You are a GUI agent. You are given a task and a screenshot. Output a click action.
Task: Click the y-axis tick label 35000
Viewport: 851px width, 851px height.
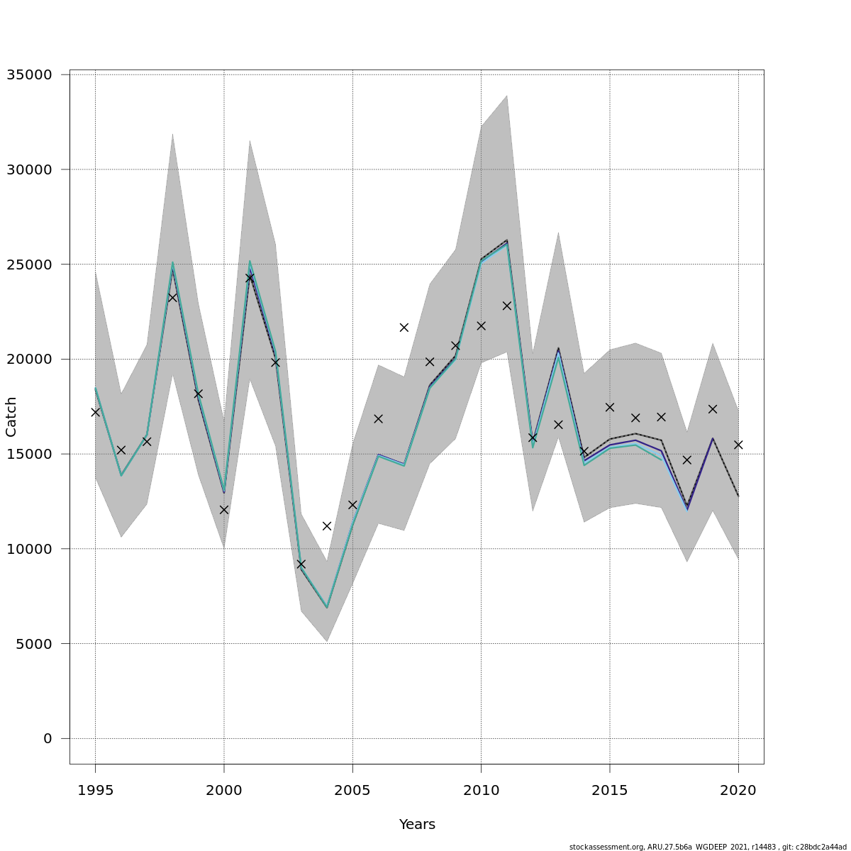[x=29, y=74]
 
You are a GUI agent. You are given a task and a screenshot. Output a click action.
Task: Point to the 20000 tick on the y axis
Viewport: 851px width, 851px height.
[x=29, y=359]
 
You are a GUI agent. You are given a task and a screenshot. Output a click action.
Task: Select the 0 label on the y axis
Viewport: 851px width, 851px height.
[x=48, y=739]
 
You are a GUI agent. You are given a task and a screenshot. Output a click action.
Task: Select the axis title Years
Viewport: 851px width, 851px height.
[x=417, y=825]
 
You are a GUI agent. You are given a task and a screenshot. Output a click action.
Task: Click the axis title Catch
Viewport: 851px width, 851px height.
[x=11, y=417]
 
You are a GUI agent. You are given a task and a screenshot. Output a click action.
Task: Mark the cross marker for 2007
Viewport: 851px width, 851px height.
[x=404, y=328]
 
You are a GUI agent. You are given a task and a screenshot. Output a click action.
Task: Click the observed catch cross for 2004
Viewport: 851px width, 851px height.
[x=327, y=526]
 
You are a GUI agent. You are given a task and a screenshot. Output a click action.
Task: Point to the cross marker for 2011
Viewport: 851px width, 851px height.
[x=507, y=306]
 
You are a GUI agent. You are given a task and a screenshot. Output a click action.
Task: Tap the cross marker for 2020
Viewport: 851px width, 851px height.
[x=738, y=445]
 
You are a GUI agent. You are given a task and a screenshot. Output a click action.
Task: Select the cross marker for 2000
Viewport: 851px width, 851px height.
[x=224, y=509]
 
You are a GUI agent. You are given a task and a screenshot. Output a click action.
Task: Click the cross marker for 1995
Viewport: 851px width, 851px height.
[x=95, y=412]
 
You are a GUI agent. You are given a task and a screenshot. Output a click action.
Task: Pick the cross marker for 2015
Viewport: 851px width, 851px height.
[x=610, y=407]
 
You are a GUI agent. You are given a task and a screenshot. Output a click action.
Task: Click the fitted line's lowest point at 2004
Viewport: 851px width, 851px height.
[x=327, y=608]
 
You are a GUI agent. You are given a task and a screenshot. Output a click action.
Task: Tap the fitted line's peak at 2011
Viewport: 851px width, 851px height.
[x=506, y=243]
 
